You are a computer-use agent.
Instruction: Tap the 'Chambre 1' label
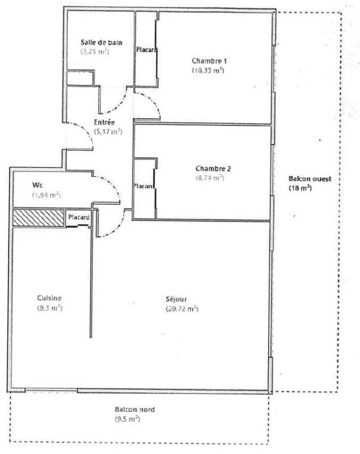pyautogui.click(x=209, y=61)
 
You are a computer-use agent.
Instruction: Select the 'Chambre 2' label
pyautogui.click(x=213, y=169)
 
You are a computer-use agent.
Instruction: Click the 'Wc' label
pyautogui.click(x=38, y=185)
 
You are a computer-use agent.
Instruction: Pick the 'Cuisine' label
pyautogui.click(x=49, y=299)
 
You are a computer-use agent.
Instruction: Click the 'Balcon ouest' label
pyautogui.click(x=310, y=178)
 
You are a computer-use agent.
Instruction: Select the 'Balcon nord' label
pyautogui.click(x=134, y=410)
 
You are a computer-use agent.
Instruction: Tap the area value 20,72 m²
pyautogui.click(x=181, y=309)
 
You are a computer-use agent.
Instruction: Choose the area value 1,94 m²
pyautogui.click(x=46, y=195)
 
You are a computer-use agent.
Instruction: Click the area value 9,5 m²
pyautogui.click(x=126, y=419)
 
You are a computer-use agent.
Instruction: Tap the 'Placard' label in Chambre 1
pyautogui.click(x=146, y=50)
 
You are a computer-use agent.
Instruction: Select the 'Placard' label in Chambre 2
pyautogui.click(x=144, y=186)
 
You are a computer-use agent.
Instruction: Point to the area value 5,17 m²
pyautogui.click(x=109, y=132)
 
